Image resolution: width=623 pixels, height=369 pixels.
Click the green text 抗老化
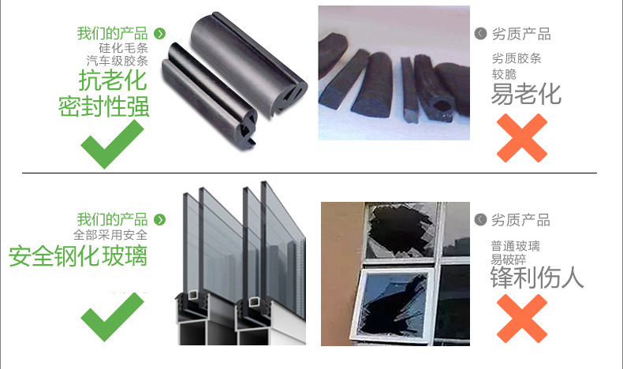click(113, 80)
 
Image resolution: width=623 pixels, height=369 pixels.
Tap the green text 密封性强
click(103, 106)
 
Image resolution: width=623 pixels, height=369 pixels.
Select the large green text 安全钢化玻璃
click(78, 256)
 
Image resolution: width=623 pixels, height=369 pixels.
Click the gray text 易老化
click(526, 94)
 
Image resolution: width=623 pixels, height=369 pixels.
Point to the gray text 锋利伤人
click(537, 278)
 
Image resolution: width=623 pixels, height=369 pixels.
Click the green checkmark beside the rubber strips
click(112, 144)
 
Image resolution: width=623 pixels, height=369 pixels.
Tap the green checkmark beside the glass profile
click(112, 317)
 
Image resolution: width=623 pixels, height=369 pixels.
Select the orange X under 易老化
click(522, 138)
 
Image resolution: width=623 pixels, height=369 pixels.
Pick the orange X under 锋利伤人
click(522, 319)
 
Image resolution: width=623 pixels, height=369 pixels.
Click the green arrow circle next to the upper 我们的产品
click(160, 34)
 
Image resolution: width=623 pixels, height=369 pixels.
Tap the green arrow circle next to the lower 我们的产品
click(160, 220)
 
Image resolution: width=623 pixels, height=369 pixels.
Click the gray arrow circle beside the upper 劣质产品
click(480, 34)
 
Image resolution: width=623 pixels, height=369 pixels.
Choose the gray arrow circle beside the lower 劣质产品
click(480, 219)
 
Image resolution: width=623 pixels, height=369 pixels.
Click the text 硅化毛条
click(123, 48)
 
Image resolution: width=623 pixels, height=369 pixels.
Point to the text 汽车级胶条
click(118, 61)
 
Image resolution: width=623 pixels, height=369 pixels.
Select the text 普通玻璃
click(515, 246)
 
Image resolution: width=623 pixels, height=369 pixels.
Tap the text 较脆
click(504, 74)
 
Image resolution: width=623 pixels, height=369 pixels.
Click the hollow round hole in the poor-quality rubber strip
click(442, 106)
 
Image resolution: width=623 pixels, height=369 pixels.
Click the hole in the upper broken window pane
click(398, 229)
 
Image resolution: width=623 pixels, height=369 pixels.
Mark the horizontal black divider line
click(309, 173)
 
